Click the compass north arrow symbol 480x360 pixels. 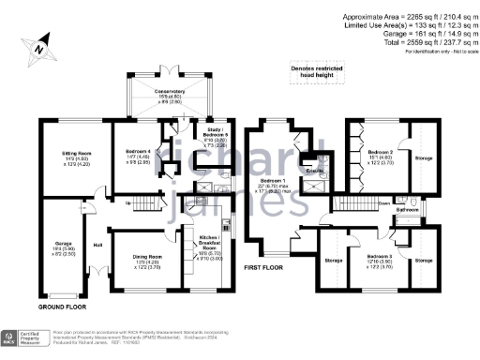pyautogui.click(x=37, y=44)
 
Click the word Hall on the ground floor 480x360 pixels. pyautogui.click(x=97, y=247)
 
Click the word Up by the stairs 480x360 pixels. pyautogui.click(x=127, y=202)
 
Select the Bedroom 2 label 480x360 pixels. pyautogui.click(x=380, y=151)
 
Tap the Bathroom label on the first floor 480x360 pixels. pyautogui.click(x=406, y=211)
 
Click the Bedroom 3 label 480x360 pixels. pyautogui.click(x=380, y=256)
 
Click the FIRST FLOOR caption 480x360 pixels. pyautogui.click(x=263, y=267)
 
